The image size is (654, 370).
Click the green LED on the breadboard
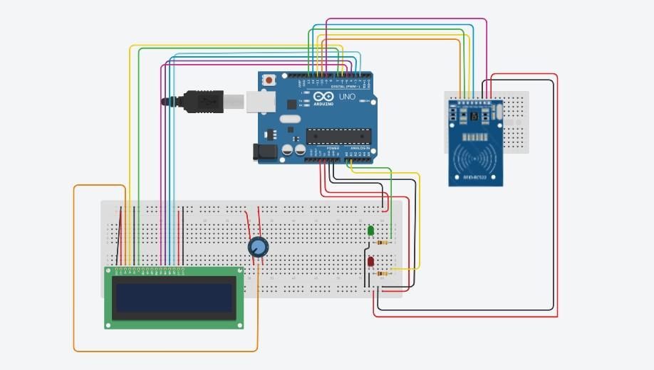[370, 231]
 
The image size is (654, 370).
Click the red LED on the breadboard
[370, 262]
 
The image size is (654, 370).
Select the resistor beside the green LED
[385, 242]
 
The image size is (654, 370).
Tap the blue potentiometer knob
[258, 247]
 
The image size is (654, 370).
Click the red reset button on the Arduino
[269, 80]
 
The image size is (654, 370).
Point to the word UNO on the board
[346, 97]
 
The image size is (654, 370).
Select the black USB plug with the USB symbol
[206, 101]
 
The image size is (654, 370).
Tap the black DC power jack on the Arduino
[264, 151]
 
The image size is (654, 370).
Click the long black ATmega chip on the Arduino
[338, 134]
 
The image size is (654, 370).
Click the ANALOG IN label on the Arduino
[360, 148]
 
